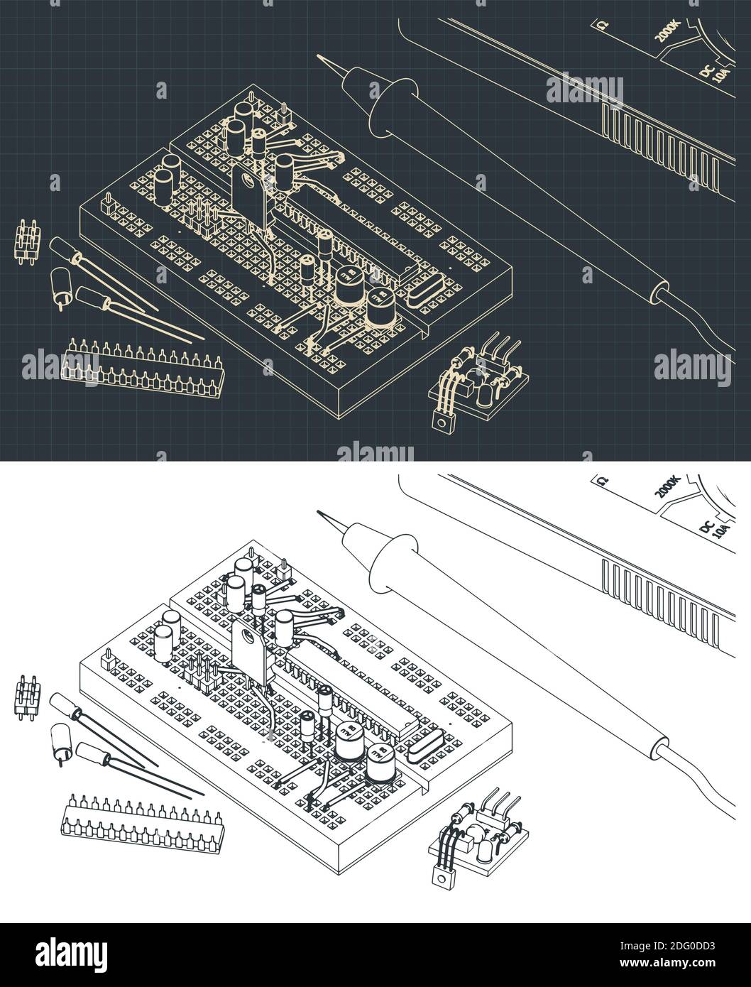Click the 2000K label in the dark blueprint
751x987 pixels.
click(x=668, y=31)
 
